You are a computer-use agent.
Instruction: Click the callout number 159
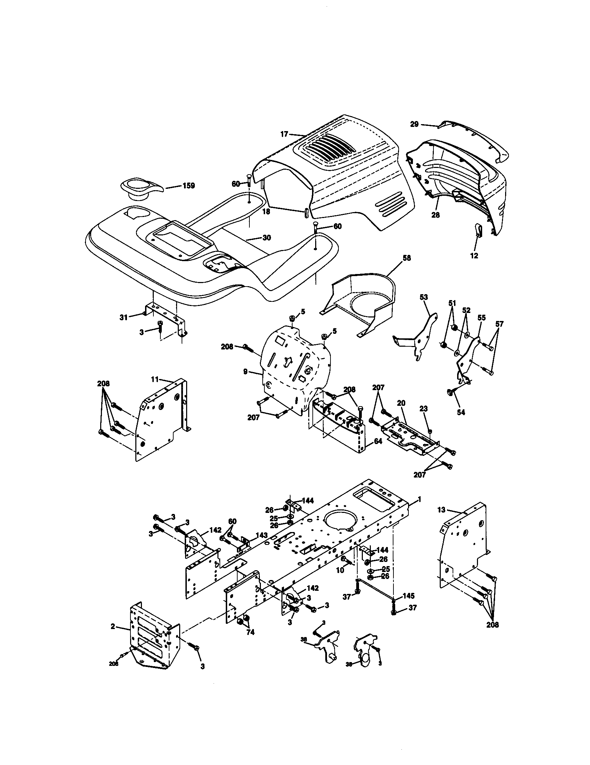(189, 186)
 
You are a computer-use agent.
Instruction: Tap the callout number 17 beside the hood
(284, 134)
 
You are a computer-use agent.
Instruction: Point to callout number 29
(414, 124)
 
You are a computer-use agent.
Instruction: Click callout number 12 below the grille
(474, 256)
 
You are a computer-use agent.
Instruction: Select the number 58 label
(407, 258)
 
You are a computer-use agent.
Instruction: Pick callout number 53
(424, 297)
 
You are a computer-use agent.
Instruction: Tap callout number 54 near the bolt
(461, 413)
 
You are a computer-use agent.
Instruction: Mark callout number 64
(378, 442)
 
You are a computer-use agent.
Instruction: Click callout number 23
(424, 409)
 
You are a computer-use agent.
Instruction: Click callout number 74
(250, 632)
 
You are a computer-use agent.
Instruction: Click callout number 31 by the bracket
(123, 317)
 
